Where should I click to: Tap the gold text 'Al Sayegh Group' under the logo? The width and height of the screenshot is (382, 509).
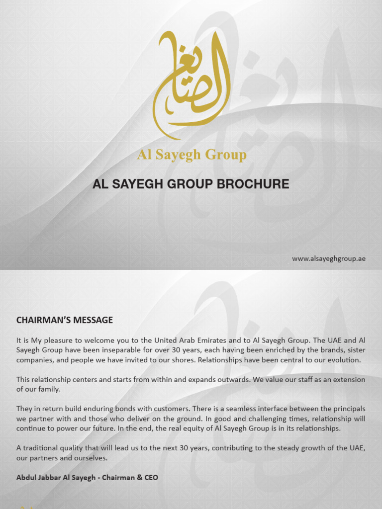[x=191, y=155]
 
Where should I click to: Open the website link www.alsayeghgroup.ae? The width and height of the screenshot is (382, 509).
[x=328, y=258]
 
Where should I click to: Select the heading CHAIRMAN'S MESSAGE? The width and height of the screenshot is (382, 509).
[x=65, y=320]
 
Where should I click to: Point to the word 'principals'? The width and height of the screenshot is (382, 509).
[x=346, y=409]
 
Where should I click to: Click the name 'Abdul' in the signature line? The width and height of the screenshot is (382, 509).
[x=27, y=477]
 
